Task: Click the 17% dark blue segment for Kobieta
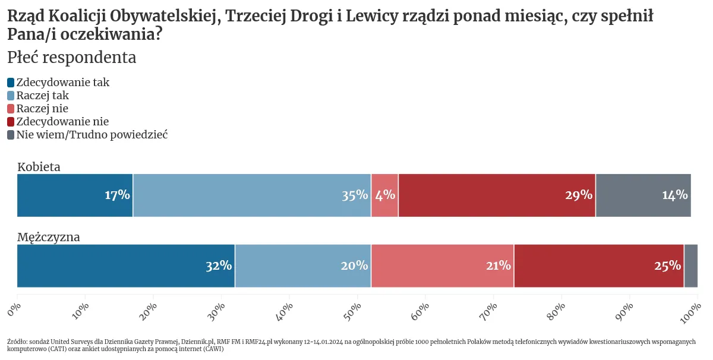tap(75, 195)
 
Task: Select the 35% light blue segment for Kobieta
tap(252, 195)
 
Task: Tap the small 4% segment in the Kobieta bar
tap(384, 195)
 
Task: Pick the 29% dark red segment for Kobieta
tap(497, 195)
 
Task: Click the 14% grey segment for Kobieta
tap(643, 195)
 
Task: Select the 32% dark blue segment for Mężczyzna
tap(126, 266)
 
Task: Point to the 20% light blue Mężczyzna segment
tap(303, 266)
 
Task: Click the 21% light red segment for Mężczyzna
tap(443, 266)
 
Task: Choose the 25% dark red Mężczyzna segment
tap(599, 266)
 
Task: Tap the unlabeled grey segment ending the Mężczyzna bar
tap(690, 266)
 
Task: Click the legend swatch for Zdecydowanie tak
tap(11, 83)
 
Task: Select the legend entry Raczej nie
tap(42, 109)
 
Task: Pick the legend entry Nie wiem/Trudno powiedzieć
tap(92, 135)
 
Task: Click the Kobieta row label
tap(39, 167)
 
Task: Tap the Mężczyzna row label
tap(49, 237)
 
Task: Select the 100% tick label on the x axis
tap(690, 310)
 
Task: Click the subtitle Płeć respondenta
tap(72, 58)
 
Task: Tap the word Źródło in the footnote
tap(17, 342)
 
